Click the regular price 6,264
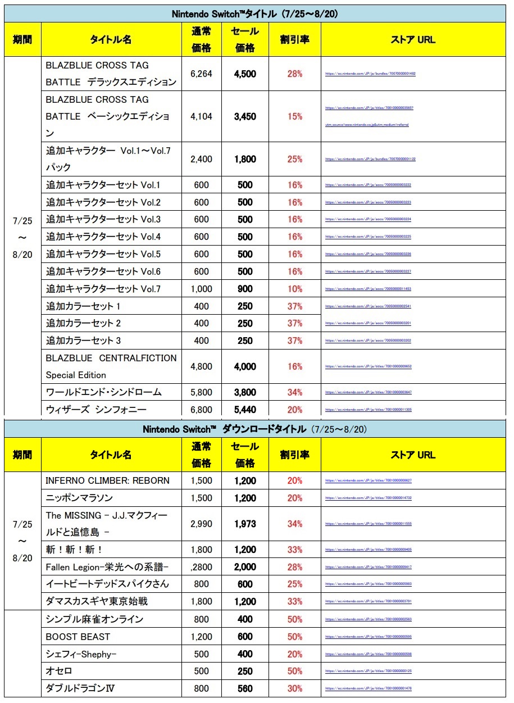click(201, 74)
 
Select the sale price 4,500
click(245, 74)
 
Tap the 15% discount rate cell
click(294, 116)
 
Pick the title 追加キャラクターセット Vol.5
click(103, 254)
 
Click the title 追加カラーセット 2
click(83, 323)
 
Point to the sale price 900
click(245, 289)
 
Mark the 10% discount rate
click(294, 289)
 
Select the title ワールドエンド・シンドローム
click(103, 392)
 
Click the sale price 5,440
click(245, 410)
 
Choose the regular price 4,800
click(201, 366)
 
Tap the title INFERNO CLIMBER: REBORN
click(108, 480)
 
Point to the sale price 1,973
click(245, 524)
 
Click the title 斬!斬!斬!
click(75, 550)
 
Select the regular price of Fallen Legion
click(201, 567)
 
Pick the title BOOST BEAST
click(78, 637)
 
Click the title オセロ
click(59, 671)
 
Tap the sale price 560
click(245, 688)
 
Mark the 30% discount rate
click(294, 688)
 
